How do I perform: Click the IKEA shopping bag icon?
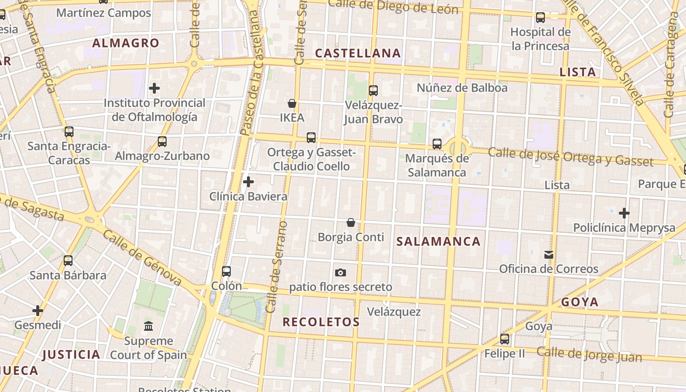click(x=292, y=103)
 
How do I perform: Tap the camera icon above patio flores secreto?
click(x=341, y=272)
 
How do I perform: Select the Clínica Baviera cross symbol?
click(x=248, y=182)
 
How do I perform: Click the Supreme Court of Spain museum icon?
click(x=148, y=326)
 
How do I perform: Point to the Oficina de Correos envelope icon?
click(x=549, y=254)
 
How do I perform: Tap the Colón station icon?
click(x=226, y=271)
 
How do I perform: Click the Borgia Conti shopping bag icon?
click(x=351, y=222)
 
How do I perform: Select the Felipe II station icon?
click(x=505, y=339)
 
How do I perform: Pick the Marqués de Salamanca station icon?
click(x=437, y=144)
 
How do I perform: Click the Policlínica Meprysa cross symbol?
click(x=624, y=213)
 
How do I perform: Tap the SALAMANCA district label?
click(x=439, y=241)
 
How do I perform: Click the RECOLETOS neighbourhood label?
click(x=321, y=322)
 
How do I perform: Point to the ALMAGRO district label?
click(x=126, y=43)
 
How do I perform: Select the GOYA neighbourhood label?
click(x=580, y=302)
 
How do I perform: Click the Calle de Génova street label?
click(x=142, y=257)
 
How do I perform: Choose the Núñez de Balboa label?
click(x=462, y=88)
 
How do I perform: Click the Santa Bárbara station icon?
click(x=68, y=261)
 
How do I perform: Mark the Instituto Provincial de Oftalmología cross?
click(x=154, y=88)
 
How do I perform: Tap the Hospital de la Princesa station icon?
click(x=540, y=18)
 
